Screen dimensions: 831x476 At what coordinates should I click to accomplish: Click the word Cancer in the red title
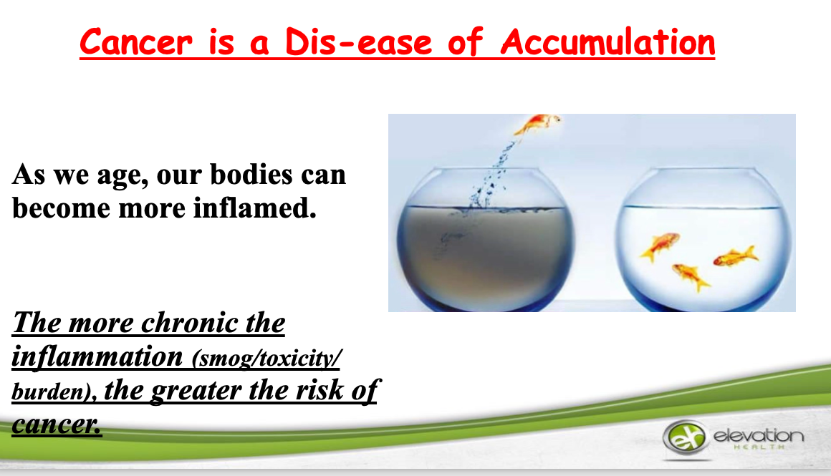[136, 42]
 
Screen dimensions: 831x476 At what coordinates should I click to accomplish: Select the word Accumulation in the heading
[608, 42]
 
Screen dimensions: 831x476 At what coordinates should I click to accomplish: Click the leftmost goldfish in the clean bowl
[660, 246]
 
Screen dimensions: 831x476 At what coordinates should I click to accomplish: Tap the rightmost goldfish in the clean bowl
[736, 257]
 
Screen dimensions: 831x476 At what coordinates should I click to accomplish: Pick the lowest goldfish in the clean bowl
[691, 276]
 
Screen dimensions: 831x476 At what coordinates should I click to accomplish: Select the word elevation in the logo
[759, 436]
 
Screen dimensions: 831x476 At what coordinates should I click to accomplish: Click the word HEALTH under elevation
[759, 447]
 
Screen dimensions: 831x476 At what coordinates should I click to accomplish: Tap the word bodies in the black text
[251, 174]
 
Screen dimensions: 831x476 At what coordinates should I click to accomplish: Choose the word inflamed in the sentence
[254, 208]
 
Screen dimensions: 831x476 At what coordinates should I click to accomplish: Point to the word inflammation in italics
[97, 356]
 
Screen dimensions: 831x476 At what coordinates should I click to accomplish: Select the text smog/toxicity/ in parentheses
[266, 359]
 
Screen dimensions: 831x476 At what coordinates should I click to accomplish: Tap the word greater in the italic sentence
[196, 392]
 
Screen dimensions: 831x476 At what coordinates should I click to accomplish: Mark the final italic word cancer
[56, 424]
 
